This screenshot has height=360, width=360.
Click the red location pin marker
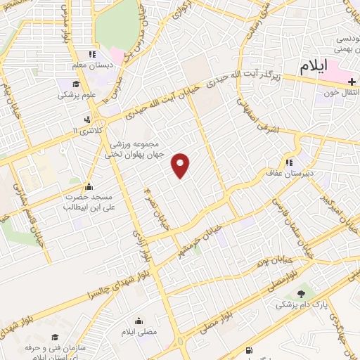[181, 165]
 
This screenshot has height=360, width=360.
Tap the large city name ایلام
[313, 67]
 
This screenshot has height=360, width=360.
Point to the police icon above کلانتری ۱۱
[87, 119]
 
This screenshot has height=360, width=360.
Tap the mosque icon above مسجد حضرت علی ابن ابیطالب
[89, 187]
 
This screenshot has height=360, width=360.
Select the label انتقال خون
[344, 92]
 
